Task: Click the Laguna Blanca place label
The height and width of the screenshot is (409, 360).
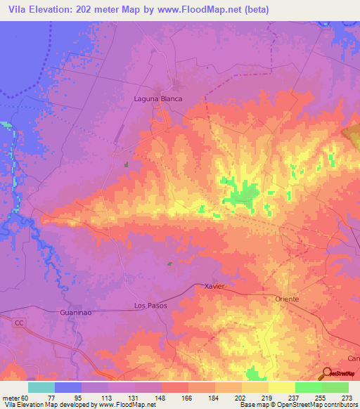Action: pyautogui.click(x=158, y=98)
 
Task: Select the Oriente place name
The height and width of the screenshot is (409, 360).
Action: pyautogui.click(x=286, y=299)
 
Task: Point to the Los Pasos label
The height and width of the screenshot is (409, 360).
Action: pyautogui.click(x=148, y=306)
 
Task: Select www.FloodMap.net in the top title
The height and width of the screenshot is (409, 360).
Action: pyautogui.click(x=185, y=8)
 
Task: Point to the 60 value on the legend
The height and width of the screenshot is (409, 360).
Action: pyautogui.click(x=25, y=397)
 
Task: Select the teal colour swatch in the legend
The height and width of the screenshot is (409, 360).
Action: pyautogui.click(x=41, y=387)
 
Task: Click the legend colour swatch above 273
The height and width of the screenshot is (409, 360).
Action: pyautogui.click(x=335, y=387)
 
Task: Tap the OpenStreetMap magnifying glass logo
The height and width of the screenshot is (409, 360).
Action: pyautogui.click(x=326, y=373)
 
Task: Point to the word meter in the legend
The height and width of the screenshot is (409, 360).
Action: pyautogui.click(x=10, y=397)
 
